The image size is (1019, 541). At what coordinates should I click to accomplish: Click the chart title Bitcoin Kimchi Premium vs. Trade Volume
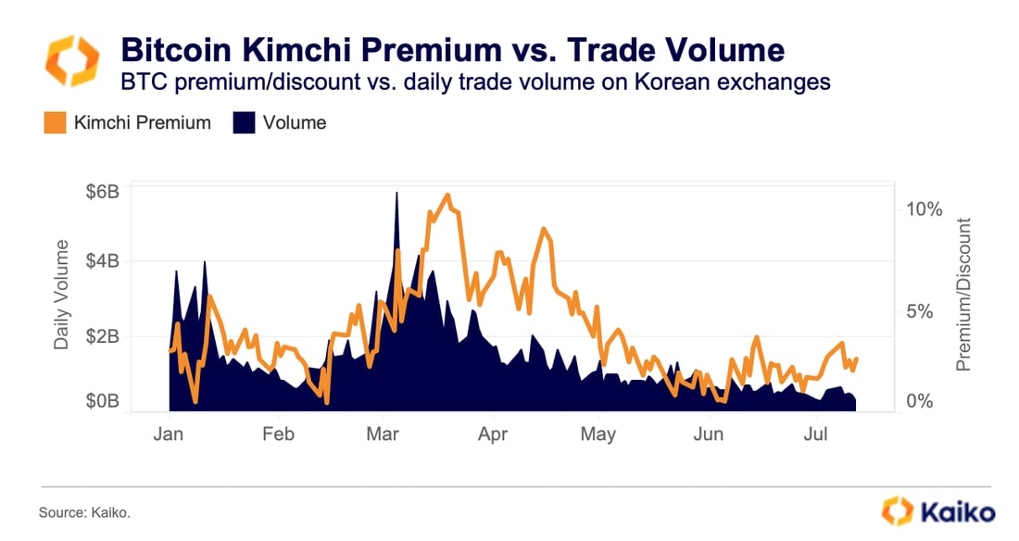point(452,49)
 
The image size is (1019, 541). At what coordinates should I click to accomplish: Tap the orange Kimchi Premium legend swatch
point(55,122)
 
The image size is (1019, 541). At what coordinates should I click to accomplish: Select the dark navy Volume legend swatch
point(242,122)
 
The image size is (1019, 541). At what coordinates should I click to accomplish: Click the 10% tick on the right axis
point(924,209)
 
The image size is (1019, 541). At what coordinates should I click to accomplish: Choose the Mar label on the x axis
point(384,434)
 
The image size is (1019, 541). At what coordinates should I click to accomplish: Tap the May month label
point(598,434)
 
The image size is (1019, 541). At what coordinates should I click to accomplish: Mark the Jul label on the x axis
point(815,434)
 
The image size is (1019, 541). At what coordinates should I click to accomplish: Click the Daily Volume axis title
point(62,295)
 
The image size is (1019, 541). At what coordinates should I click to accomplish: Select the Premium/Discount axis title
point(964,295)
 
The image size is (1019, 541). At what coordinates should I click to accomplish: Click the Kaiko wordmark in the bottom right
point(957,511)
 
